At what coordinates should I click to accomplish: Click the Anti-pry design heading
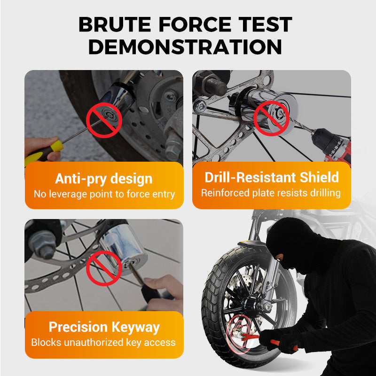click(104, 179)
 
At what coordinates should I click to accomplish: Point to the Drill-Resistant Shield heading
click(272, 177)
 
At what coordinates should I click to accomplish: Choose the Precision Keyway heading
click(104, 327)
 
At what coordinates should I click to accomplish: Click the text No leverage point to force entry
click(104, 194)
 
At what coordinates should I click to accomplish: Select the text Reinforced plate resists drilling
click(272, 193)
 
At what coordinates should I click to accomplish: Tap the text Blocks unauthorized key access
click(104, 342)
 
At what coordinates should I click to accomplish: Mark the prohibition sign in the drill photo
click(271, 117)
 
